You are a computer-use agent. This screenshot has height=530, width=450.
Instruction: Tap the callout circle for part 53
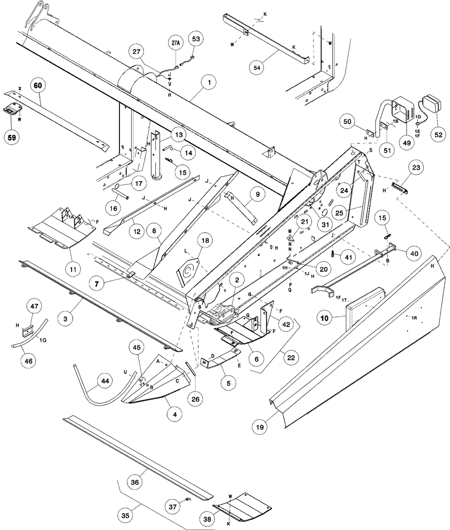(196, 39)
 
